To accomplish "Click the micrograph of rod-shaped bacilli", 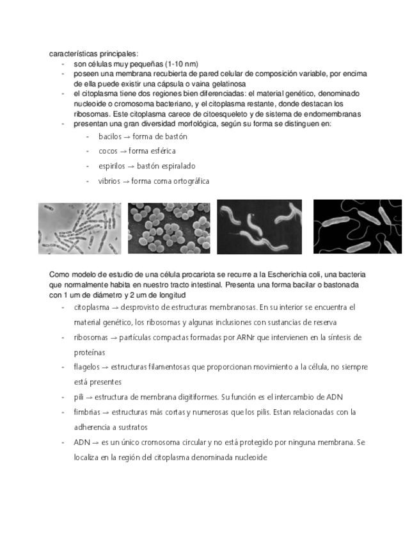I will point(79,228).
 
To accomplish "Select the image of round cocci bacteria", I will point(169,228).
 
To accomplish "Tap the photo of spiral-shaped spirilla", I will point(259,227).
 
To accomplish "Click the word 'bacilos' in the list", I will point(109,136).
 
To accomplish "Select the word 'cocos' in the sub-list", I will point(107,151).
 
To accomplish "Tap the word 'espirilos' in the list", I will point(112,166).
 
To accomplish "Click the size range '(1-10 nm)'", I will point(182,64).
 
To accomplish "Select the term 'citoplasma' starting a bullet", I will point(91,307).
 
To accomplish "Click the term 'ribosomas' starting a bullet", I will point(91,337).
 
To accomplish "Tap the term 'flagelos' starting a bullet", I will point(87,368).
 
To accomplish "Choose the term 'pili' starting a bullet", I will point(79,398).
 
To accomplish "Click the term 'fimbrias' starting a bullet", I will point(88,412).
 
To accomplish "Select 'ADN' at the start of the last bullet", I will point(81,442).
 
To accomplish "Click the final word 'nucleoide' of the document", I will point(250,458).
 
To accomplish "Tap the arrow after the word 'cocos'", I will point(123,151).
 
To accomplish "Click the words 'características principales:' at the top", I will point(93,54).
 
